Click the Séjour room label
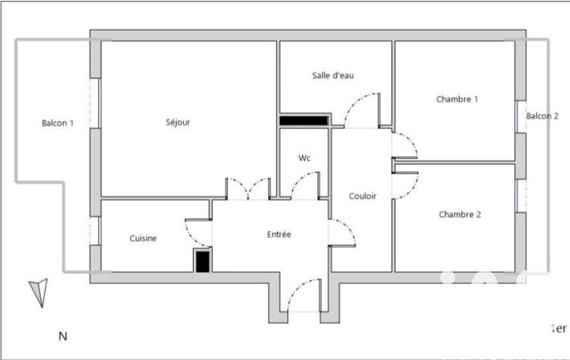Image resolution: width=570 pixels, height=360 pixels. [x=178, y=123]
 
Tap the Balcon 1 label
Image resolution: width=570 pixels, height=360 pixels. [x=58, y=123]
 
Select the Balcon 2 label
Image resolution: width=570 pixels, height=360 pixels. [x=542, y=116]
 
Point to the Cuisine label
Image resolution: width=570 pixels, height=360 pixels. [x=143, y=239]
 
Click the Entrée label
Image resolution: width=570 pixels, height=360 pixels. [x=279, y=235]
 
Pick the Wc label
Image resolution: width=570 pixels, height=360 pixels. [x=304, y=158]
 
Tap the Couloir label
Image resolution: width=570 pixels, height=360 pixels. [x=363, y=196]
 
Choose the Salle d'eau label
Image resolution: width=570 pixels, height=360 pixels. [x=333, y=76]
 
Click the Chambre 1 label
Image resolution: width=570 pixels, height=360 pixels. [x=457, y=100]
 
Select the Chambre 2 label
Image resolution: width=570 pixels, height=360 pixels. [x=460, y=215]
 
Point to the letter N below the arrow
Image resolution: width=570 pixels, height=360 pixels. [x=63, y=336]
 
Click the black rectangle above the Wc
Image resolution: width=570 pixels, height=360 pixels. [x=304, y=120]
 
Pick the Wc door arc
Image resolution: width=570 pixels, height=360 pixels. [x=304, y=187]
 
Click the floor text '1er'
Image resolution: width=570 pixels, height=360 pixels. [x=559, y=329]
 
